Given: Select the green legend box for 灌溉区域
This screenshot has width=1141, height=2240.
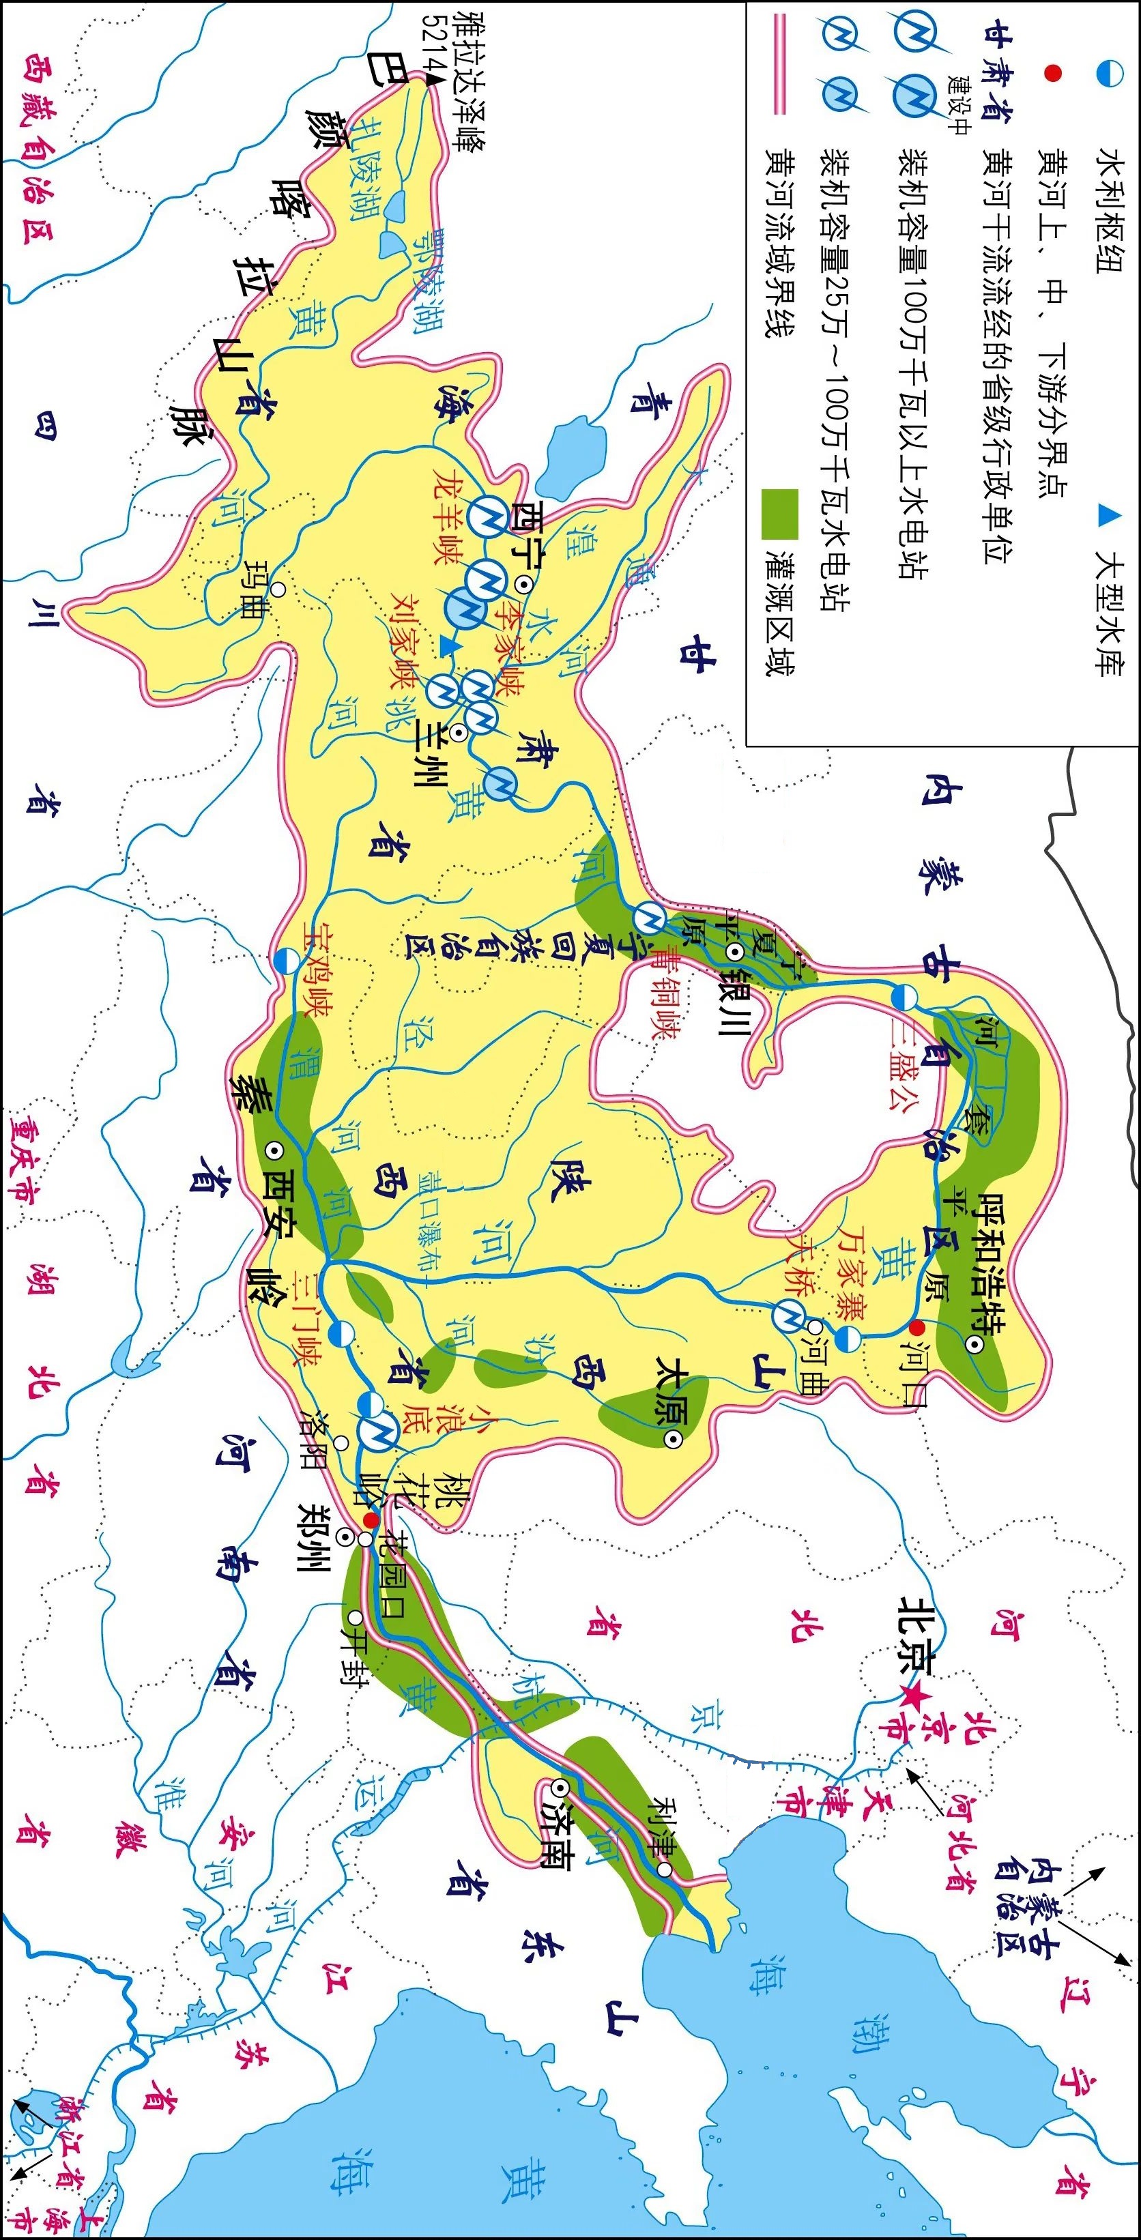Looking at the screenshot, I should pos(779,514).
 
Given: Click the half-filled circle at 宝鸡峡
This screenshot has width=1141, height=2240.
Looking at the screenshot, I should pos(286,962).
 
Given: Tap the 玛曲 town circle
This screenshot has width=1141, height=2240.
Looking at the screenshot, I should pos(278,590).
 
